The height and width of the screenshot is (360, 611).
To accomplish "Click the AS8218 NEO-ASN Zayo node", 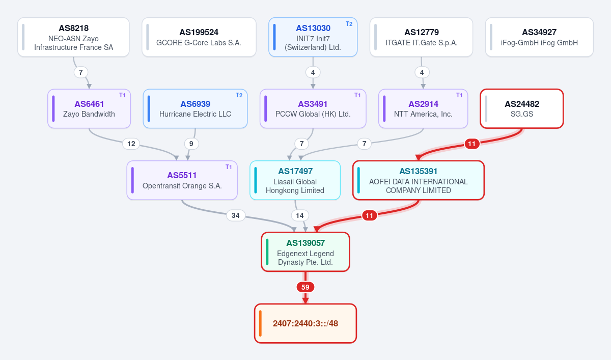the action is (x=73, y=37).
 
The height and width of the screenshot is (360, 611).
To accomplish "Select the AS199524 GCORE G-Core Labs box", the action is (x=199, y=37).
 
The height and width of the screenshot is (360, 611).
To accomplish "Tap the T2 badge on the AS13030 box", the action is (x=349, y=24).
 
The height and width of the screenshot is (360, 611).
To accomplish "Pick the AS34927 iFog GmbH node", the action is (x=539, y=37).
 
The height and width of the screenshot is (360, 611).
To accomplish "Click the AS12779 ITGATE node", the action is (x=421, y=37).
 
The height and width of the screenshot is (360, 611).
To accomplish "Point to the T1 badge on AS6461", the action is (x=122, y=95).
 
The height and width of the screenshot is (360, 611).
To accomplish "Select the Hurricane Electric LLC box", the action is (x=196, y=108).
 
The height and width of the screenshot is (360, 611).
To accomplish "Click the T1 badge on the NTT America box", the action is (x=459, y=95).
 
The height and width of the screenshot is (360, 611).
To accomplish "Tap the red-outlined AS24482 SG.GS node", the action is (x=522, y=108).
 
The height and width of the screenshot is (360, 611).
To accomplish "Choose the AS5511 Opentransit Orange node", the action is (x=182, y=180).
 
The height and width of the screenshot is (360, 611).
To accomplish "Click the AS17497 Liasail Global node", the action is (x=295, y=180).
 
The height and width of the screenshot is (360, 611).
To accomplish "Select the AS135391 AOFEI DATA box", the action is (x=419, y=180).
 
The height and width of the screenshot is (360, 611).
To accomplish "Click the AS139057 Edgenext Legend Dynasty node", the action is (x=305, y=252).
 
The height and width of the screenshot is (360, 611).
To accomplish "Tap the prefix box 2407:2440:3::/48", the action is (x=305, y=323).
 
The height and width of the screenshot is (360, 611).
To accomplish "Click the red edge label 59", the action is (x=305, y=287).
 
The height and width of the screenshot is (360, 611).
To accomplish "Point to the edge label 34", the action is (x=236, y=215).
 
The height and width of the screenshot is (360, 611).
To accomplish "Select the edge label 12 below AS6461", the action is (x=131, y=144).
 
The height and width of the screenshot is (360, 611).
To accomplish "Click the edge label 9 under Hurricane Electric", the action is (x=191, y=144).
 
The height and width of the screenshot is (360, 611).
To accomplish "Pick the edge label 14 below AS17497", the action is (x=300, y=215).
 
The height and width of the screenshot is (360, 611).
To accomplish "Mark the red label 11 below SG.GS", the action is (x=472, y=144).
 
